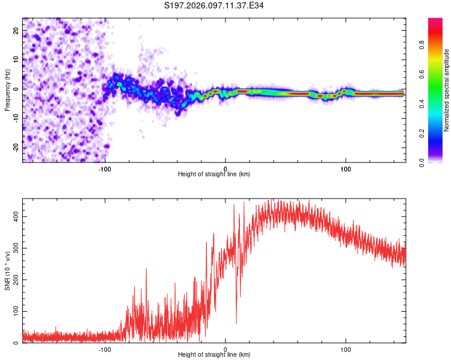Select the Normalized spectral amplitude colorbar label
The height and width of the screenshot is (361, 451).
pyautogui.click(x=447, y=90)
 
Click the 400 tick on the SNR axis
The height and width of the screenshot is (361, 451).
pyautogui.click(x=15, y=215)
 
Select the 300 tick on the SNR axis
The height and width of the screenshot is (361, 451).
pyautogui.click(x=15, y=247)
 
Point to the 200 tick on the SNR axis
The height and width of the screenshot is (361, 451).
pyautogui.click(x=15, y=279)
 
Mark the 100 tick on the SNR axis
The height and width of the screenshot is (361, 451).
pyautogui.click(x=15, y=311)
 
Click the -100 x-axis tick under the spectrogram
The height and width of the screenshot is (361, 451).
pyautogui.click(x=105, y=168)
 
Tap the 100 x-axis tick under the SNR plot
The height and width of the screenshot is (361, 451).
pyautogui.click(x=346, y=349)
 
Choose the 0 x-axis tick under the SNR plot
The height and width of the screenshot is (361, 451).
pyautogui.click(x=226, y=349)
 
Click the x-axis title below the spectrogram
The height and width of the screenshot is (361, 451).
pyautogui.click(x=214, y=174)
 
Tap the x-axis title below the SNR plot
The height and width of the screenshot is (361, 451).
pyautogui.click(x=214, y=355)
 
